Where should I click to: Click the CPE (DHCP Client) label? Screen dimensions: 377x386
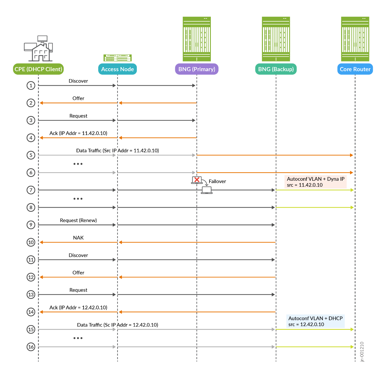pos(38,69)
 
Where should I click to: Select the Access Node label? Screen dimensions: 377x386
pos(117,69)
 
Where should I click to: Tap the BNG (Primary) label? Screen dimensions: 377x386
pos(197,69)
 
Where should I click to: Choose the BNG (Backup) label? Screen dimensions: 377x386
pos(276,69)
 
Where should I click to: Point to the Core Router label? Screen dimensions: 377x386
pos(355,69)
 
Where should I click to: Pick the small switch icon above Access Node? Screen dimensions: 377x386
pos(117,57)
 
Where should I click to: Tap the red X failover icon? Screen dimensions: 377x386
pos(197,180)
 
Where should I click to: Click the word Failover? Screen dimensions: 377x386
pos(217,181)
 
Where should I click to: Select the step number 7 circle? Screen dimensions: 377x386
pos(31,190)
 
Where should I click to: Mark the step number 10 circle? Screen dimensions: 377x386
pos(31,242)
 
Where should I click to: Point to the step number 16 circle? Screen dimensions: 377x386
pos(31,347)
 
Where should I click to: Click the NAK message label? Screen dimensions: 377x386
pos(78,238)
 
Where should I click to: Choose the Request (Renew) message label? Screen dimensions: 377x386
pos(78,220)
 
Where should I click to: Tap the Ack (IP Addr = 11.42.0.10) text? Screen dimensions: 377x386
pos(78,133)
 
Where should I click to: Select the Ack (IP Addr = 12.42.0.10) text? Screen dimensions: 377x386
pos(78,308)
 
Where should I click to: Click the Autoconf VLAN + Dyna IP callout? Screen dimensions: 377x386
pos(316,182)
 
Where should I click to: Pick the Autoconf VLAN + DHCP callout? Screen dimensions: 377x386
pos(315,321)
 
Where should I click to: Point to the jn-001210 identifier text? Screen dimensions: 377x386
pos(362,352)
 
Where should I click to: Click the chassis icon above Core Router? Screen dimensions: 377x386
pos(355,39)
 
